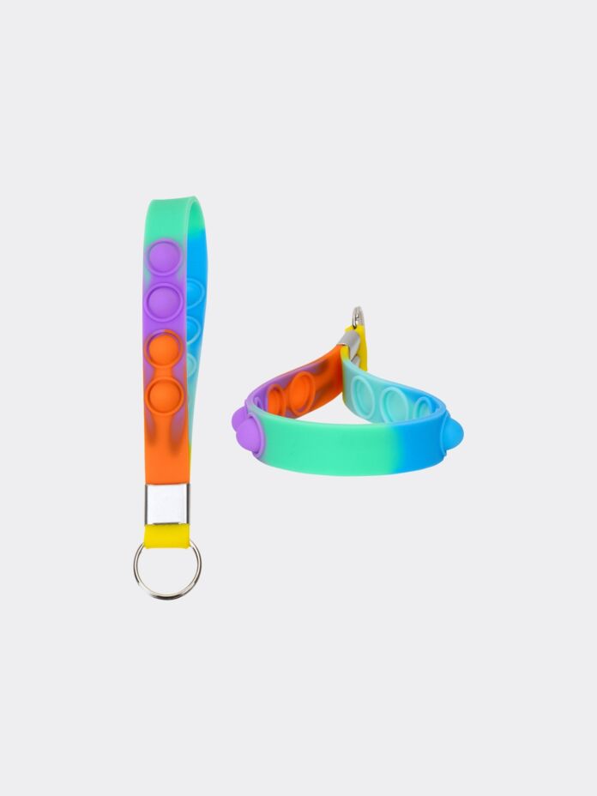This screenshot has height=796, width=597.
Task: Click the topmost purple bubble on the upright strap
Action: pyautogui.click(x=164, y=257)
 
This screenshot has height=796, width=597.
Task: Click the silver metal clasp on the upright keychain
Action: pyautogui.click(x=166, y=504)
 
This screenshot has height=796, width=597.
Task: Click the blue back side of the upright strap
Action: pyautogui.click(x=199, y=257)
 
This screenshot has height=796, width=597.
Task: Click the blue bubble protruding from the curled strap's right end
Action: pyautogui.click(x=452, y=434)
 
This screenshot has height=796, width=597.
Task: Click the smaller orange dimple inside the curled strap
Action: pyautogui.click(x=275, y=400)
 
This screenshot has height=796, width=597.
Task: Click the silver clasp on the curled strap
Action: pyautogui.click(x=350, y=343)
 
